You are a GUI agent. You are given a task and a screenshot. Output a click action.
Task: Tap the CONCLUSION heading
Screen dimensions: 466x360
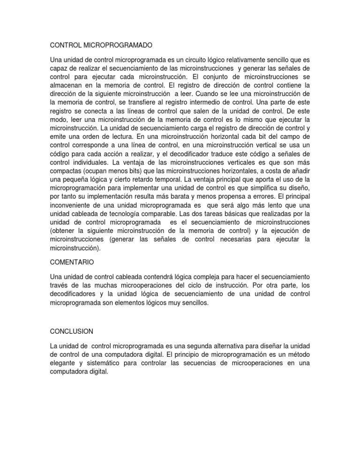(x=71, y=331)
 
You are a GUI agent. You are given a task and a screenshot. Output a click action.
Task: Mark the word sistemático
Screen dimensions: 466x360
(x=105, y=366)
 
